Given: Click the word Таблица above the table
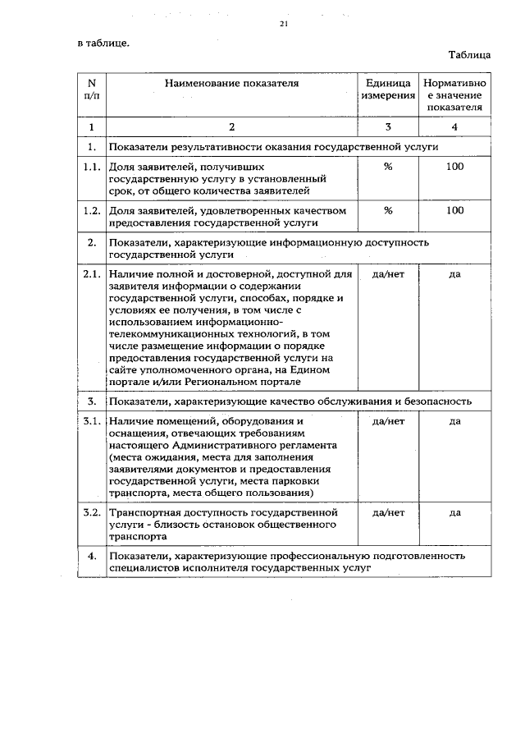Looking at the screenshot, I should tap(469, 55).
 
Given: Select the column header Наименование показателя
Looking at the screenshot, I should tap(231, 83).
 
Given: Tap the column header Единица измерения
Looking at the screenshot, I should tap(388, 89).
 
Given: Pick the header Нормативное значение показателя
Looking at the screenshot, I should tap(454, 95).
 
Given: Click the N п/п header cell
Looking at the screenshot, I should tap(92, 89).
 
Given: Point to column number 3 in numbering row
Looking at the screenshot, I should tap(388, 126).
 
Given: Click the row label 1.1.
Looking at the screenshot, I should tap(92, 167).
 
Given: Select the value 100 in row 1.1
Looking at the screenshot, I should tap(454, 167).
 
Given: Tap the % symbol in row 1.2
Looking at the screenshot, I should tap(388, 211).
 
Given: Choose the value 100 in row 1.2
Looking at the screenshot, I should tap(454, 211).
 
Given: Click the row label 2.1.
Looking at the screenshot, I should tap(92, 273).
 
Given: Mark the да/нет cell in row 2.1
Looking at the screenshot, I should tap(388, 273).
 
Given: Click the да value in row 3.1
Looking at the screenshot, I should tap(454, 422).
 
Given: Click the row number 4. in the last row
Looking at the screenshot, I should tap(92, 557).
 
